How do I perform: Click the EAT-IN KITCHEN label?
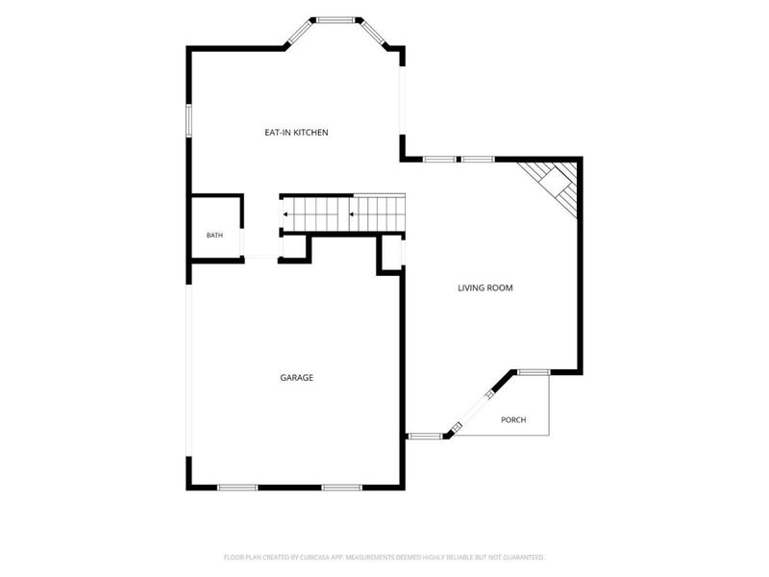click(296, 133)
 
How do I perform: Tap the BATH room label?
click(214, 236)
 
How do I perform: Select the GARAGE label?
click(297, 377)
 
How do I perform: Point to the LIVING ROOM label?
click(485, 288)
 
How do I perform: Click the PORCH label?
click(513, 420)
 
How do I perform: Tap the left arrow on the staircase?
click(285, 214)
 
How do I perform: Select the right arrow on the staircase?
click(352, 214)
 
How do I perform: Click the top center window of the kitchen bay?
click(335, 20)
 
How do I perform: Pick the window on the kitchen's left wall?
click(188, 121)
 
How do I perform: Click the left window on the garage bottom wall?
click(237, 488)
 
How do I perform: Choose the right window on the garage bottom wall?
click(342, 488)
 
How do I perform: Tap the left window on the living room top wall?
click(439, 159)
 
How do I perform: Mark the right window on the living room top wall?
click(478, 159)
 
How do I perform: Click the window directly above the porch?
click(533, 372)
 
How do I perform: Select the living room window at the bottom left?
click(425, 436)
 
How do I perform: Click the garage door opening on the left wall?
click(188, 370)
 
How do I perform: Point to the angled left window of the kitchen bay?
click(299, 34)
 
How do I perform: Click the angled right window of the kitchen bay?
click(372, 34)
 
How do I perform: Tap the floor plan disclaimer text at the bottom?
click(384, 558)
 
